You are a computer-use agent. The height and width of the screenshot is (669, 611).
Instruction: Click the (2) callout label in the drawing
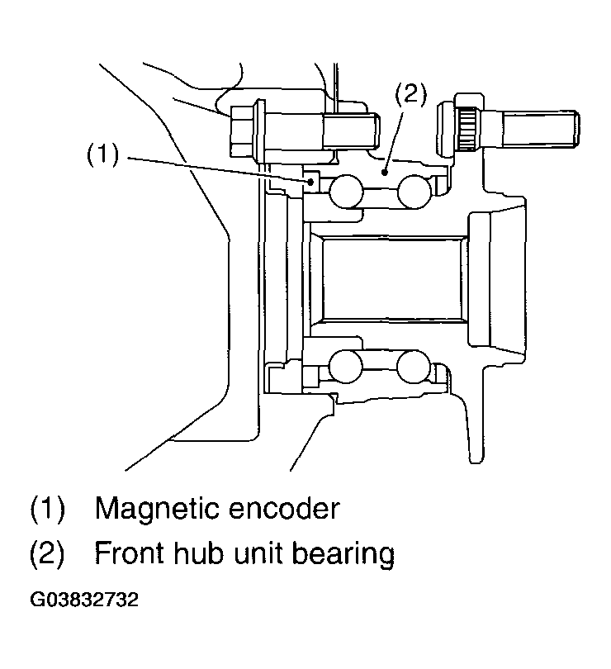[410, 94]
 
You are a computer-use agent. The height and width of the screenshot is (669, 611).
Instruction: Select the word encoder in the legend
[288, 507]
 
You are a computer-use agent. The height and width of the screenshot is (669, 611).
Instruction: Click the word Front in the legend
[130, 553]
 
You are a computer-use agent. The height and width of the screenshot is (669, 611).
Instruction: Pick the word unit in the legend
[265, 553]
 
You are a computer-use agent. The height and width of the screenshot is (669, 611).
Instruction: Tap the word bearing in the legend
[347, 553]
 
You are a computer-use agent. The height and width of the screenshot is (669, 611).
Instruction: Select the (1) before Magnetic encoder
[48, 507]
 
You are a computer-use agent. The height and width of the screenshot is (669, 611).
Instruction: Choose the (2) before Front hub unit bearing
[48, 553]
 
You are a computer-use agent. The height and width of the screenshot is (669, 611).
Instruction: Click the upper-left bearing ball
[344, 194]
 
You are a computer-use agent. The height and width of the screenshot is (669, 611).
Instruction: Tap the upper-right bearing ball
[413, 194]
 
